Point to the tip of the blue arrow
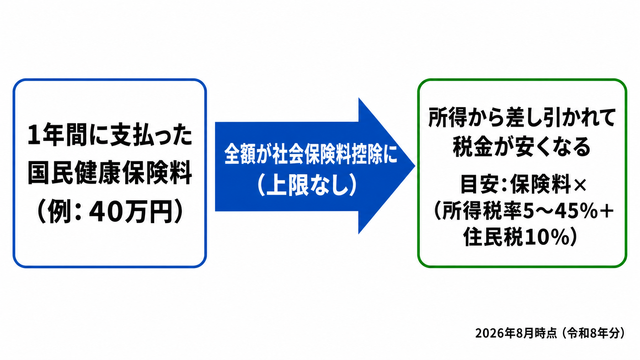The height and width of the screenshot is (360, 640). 415,166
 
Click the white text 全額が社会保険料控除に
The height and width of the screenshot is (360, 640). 311,154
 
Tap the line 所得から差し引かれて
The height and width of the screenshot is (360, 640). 522,117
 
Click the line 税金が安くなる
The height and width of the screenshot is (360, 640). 522,147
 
